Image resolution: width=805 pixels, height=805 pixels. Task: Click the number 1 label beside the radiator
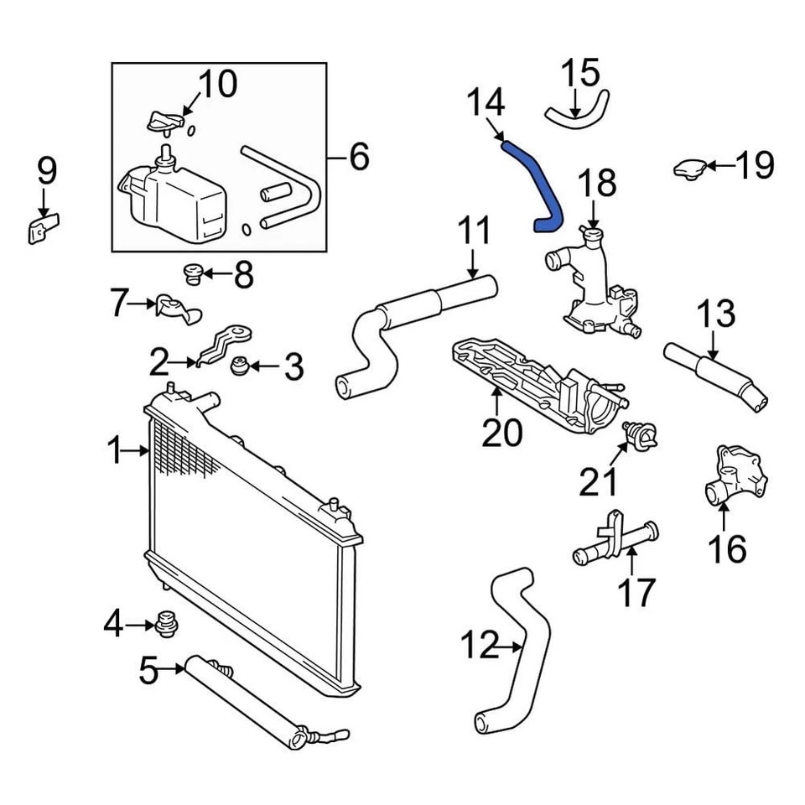click(x=115, y=452)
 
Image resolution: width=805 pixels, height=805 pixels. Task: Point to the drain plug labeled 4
click(x=166, y=624)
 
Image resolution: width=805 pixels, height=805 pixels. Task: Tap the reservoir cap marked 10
click(x=164, y=122)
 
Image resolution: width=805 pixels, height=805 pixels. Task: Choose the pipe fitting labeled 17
click(x=614, y=545)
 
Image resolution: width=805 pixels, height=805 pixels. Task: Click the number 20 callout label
click(x=502, y=433)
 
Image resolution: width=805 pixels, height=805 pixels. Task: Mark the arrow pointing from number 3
click(x=259, y=366)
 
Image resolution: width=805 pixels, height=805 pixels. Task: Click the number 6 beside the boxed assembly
click(x=359, y=156)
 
